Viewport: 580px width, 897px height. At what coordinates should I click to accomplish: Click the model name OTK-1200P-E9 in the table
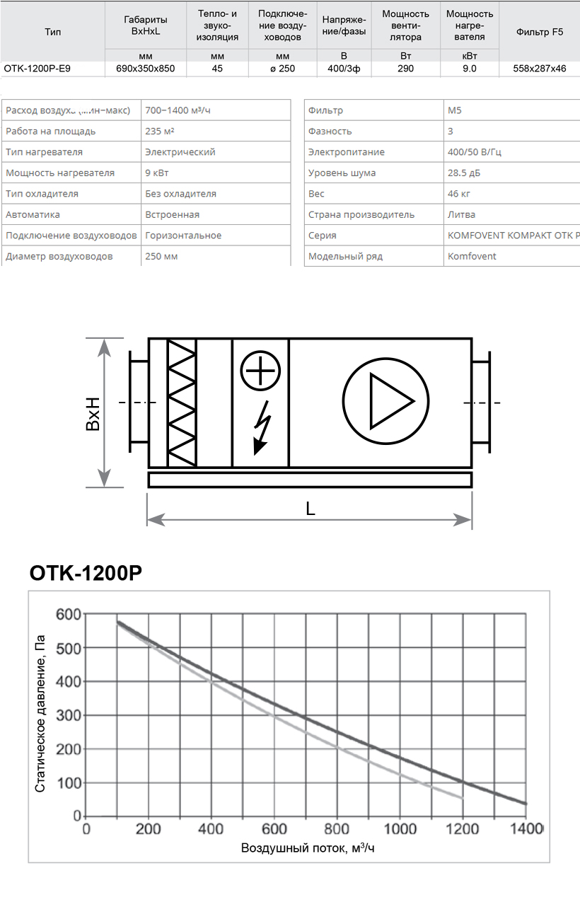[37, 69]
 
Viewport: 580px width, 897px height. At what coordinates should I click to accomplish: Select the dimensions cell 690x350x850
[145, 69]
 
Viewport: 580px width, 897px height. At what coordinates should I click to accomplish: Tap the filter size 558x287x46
[540, 69]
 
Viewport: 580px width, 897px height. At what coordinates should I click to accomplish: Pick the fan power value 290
[405, 69]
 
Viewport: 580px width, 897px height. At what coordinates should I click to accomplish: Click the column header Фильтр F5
[540, 32]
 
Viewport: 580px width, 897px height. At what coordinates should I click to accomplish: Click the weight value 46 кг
[460, 193]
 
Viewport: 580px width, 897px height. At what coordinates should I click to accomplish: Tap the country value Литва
[461, 214]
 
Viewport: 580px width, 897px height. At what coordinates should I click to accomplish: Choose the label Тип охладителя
[42, 193]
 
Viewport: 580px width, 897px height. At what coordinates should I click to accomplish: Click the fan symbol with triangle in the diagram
[385, 402]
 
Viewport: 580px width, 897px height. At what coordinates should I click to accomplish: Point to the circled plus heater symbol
[260, 370]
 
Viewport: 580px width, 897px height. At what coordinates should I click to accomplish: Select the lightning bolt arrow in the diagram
[262, 427]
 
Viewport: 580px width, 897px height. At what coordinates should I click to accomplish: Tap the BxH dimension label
[92, 414]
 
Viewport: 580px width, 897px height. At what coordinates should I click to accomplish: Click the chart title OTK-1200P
[86, 574]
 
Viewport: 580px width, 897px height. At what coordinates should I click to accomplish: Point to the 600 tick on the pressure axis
[69, 613]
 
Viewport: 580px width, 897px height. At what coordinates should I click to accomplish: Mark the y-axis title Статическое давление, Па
[40, 713]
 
